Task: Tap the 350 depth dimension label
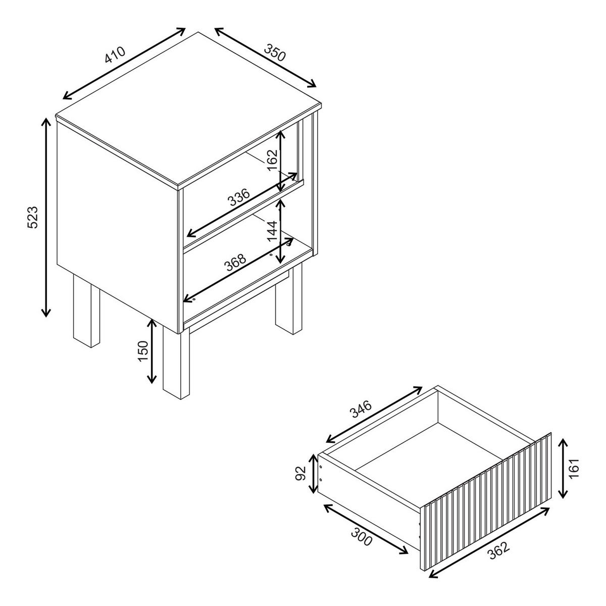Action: click(275, 52)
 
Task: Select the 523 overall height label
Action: click(32, 217)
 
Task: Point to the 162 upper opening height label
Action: click(273, 160)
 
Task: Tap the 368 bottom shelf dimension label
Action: click(235, 262)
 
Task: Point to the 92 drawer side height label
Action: click(301, 473)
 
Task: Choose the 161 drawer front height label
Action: click(574, 468)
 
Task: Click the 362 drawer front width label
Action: click(499, 550)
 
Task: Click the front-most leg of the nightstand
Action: click(176, 363)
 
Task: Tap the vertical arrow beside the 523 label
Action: click(46, 217)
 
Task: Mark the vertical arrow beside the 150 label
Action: click(152, 351)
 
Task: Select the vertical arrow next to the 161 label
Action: click(563, 469)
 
